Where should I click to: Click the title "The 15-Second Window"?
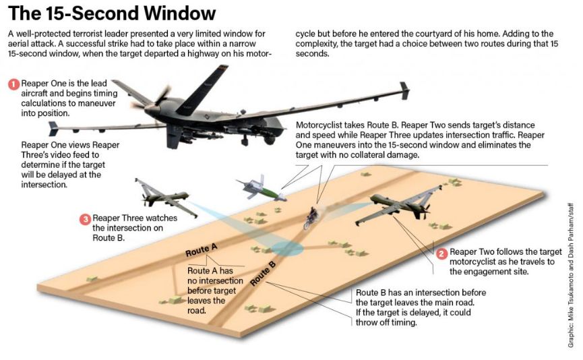click(x=112, y=13)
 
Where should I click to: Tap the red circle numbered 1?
click(x=13, y=84)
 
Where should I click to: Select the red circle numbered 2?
click(x=441, y=253)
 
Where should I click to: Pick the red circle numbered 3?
click(x=85, y=219)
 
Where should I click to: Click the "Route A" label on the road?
click(x=202, y=250)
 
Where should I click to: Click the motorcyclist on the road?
click(x=311, y=216)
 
